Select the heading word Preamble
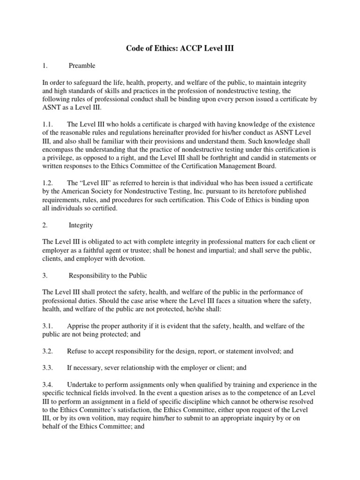pyautogui.click(x=82, y=66)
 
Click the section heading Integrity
pyautogui.click(x=81, y=225)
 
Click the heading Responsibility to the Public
pyautogui.click(x=108, y=275)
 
